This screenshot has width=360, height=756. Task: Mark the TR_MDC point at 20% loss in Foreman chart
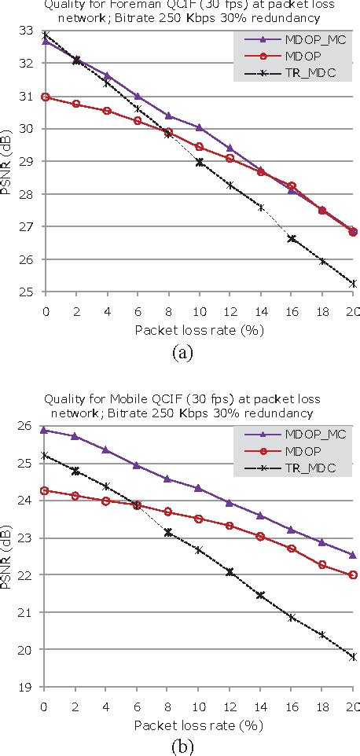353,284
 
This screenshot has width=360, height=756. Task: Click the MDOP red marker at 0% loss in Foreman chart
46,97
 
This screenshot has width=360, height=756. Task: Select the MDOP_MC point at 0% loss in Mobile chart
46,430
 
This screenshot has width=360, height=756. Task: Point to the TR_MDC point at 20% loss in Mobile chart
353,657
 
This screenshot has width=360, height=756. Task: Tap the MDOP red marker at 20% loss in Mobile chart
353,574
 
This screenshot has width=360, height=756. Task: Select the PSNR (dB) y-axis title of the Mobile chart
11,553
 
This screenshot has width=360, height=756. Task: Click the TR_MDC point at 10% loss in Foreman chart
200,162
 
